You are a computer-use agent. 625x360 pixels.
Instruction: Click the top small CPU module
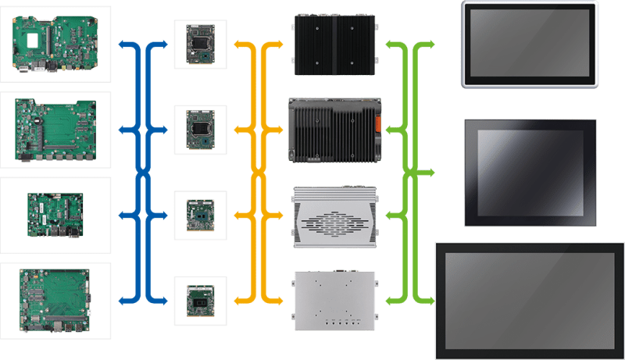198,43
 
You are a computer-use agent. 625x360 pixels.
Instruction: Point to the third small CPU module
198,212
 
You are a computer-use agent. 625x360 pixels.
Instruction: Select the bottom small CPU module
198,299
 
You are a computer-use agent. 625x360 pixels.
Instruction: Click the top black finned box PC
334,41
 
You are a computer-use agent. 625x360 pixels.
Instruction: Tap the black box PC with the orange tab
334,129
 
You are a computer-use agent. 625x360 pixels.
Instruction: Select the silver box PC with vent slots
334,218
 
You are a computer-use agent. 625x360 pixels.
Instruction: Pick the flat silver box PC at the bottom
334,301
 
